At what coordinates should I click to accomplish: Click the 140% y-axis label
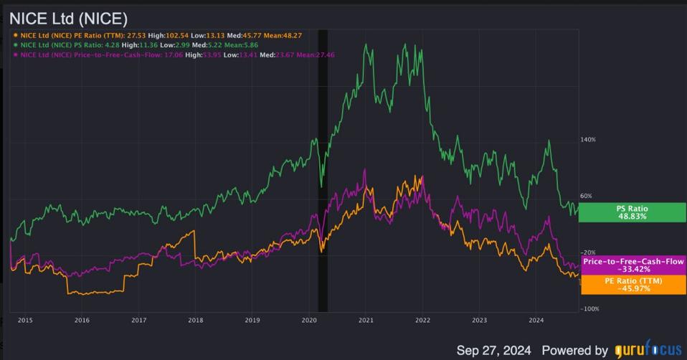[x=588, y=140]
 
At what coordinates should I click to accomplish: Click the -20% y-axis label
[x=588, y=252]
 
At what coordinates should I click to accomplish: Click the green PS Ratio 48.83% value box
[x=632, y=212]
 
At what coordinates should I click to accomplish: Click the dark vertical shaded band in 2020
[x=323, y=172]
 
